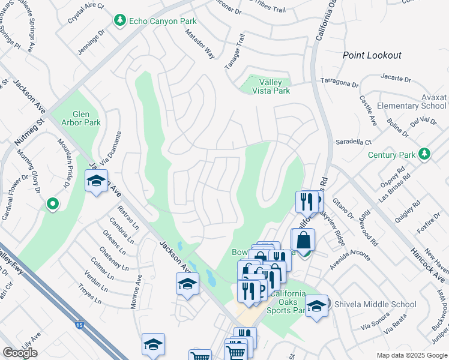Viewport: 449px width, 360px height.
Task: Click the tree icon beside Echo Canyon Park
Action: [120, 21]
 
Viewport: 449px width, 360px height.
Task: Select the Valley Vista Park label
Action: [274, 86]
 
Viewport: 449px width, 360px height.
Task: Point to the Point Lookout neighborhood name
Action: [372, 55]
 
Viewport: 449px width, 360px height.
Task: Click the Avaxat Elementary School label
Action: [412, 101]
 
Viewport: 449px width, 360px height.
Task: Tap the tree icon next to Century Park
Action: [425, 154]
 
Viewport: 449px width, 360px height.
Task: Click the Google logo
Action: [20, 352]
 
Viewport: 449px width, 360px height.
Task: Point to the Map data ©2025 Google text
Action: [411, 355]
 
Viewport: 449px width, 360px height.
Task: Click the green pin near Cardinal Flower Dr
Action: [52, 205]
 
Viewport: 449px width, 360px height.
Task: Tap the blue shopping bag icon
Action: [303, 240]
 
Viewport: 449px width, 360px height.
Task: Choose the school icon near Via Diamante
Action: [96, 181]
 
